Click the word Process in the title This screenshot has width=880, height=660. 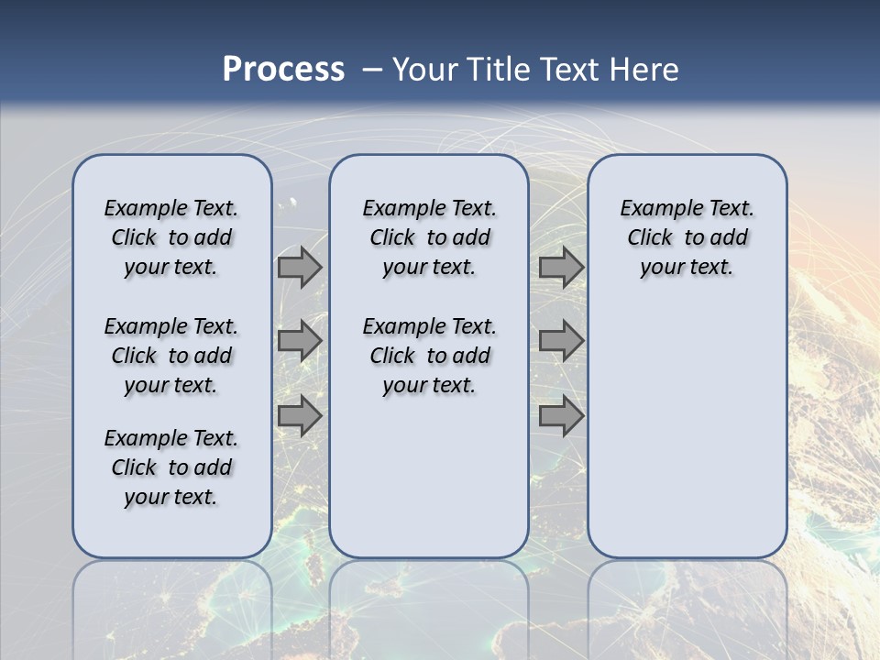[x=283, y=69]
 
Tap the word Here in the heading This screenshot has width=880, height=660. [x=643, y=70]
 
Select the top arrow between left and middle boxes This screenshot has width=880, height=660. [x=300, y=267]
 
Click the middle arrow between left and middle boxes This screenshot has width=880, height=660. [x=300, y=341]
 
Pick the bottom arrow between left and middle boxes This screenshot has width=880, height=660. [x=300, y=415]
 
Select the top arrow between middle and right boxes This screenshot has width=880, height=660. [x=561, y=267]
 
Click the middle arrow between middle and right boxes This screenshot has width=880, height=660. [x=561, y=341]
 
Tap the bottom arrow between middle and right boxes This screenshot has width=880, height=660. [x=561, y=415]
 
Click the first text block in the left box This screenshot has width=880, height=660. [x=171, y=237]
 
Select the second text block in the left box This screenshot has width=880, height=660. [x=171, y=356]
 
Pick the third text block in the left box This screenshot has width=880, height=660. [x=171, y=467]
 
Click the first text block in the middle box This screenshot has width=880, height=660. [x=429, y=237]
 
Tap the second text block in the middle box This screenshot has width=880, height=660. [x=429, y=356]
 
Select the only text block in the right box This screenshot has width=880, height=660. [x=687, y=237]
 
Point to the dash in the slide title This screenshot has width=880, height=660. [x=372, y=70]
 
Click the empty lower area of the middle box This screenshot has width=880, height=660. [x=429, y=477]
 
